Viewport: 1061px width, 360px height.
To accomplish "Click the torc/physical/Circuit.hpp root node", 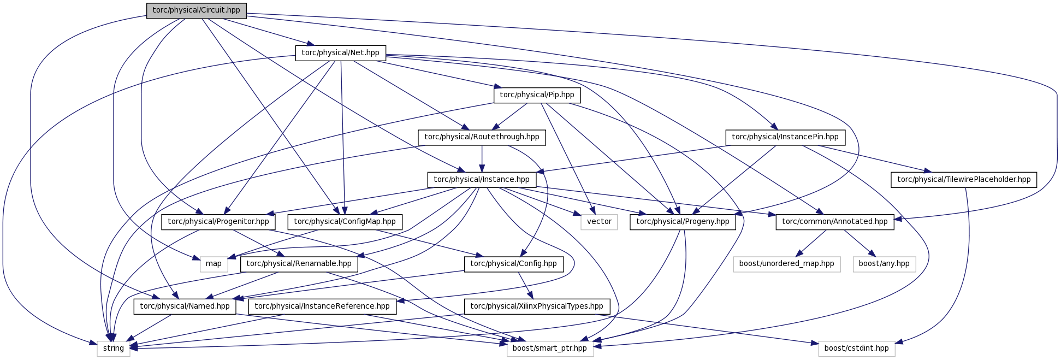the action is [x=196, y=10].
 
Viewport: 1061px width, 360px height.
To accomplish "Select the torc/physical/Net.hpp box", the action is [x=341, y=53].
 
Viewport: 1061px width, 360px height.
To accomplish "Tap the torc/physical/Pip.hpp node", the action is [x=537, y=95].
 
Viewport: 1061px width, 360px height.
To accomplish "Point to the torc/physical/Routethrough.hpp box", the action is [x=482, y=137].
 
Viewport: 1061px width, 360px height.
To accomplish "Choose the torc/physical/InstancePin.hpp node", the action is [x=785, y=137].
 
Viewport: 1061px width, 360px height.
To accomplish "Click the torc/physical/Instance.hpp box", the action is [x=482, y=180].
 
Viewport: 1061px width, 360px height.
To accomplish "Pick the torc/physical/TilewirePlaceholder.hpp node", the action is [x=964, y=180].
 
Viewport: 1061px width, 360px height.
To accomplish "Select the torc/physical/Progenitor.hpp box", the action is [x=218, y=222].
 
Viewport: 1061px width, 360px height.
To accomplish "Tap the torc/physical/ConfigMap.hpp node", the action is [x=345, y=222].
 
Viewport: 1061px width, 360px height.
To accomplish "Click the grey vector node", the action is [x=599, y=222].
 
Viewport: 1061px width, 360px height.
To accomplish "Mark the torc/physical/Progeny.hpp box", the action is [x=683, y=222].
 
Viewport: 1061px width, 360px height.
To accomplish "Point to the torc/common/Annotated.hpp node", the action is [x=835, y=222].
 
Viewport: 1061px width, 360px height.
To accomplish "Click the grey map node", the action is [x=214, y=264].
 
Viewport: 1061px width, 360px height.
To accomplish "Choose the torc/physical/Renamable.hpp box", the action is [x=299, y=264].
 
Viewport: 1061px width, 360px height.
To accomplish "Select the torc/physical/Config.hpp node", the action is [x=513, y=264].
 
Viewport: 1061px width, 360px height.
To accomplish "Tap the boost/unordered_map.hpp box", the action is [x=787, y=264].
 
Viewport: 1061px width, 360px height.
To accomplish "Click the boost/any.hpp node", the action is [x=884, y=264].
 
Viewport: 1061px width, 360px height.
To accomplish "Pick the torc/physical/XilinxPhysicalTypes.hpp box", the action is [x=537, y=306].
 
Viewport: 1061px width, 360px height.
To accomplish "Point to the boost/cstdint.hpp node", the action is [x=857, y=349].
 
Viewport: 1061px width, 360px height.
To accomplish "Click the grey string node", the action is [x=114, y=349].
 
